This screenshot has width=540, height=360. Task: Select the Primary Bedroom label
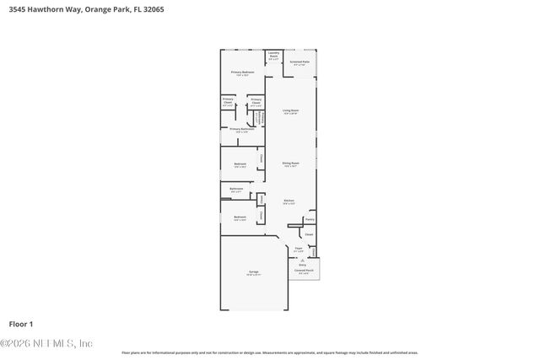click(x=242, y=73)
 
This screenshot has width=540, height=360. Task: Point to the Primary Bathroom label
click(x=242, y=129)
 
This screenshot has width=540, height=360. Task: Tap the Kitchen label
click(x=289, y=201)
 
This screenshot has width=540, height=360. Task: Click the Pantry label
click(x=310, y=218)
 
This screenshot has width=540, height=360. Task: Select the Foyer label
click(x=298, y=250)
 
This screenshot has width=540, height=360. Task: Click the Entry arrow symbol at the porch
click(x=302, y=260)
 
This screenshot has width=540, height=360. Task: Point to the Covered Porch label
click(x=303, y=271)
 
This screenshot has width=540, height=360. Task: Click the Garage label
click(x=253, y=272)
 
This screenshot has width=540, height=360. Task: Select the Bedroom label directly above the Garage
click(x=240, y=218)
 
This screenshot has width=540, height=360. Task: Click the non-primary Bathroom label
click(x=237, y=189)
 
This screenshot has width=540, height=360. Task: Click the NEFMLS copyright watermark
click(x=46, y=343)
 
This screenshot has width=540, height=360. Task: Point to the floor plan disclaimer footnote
click(x=269, y=352)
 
